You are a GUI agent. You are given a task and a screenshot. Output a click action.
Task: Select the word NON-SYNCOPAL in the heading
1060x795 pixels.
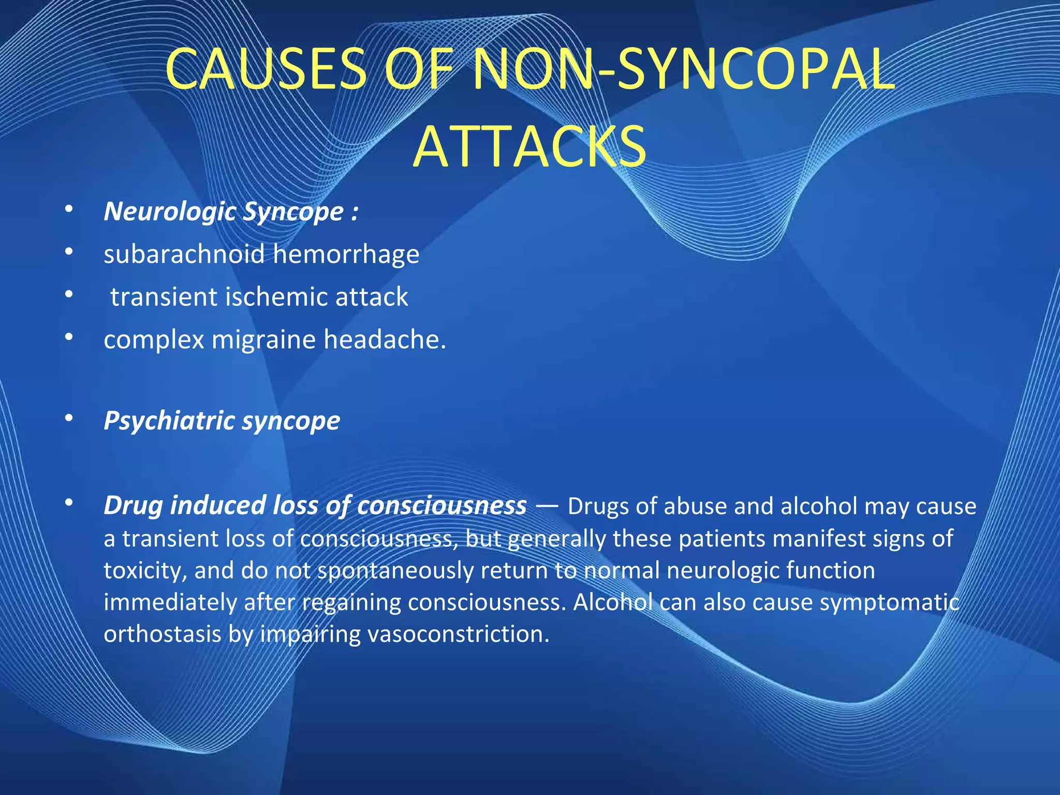tap(684, 69)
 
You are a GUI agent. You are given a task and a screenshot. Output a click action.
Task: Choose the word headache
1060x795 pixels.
tap(384, 340)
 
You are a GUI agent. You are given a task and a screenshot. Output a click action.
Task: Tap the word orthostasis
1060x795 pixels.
tap(162, 634)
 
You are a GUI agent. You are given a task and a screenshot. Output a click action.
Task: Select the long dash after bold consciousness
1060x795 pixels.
tap(547, 506)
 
